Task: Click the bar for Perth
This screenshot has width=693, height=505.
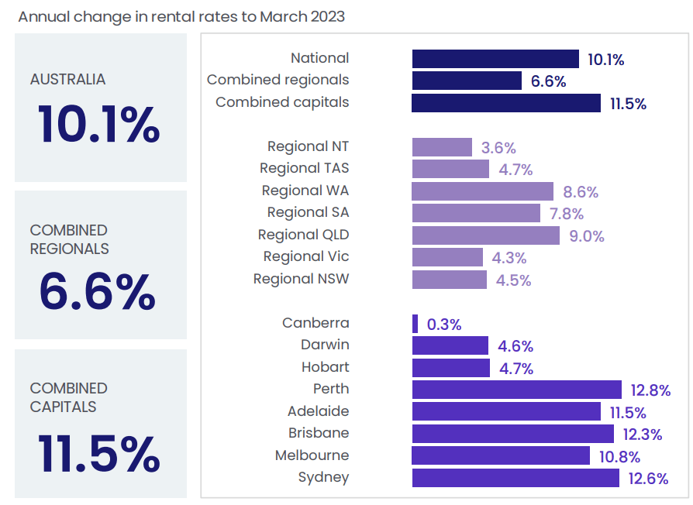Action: (516, 390)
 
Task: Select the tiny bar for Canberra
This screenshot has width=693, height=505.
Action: (415, 324)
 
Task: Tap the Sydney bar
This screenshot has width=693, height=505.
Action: (515, 478)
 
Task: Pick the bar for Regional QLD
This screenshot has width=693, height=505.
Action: (485, 235)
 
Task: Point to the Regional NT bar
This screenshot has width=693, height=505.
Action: (441, 147)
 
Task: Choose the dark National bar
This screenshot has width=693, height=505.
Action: (495, 59)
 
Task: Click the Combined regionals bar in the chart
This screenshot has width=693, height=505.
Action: (466, 81)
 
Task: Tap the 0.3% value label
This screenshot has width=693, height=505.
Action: (444, 325)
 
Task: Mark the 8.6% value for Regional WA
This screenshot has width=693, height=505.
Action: (581, 192)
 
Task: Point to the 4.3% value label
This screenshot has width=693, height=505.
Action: (509, 258)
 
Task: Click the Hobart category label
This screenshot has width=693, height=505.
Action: (326, 367)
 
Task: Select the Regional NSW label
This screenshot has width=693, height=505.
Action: (301, 279)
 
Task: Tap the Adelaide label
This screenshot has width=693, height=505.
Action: (318, 411)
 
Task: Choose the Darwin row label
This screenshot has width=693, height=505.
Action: (325, 345)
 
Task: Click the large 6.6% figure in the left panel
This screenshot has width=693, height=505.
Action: (98, 292)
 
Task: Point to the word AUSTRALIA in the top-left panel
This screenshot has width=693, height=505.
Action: (67, 80)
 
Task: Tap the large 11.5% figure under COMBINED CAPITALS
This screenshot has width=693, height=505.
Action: (98, 454)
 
